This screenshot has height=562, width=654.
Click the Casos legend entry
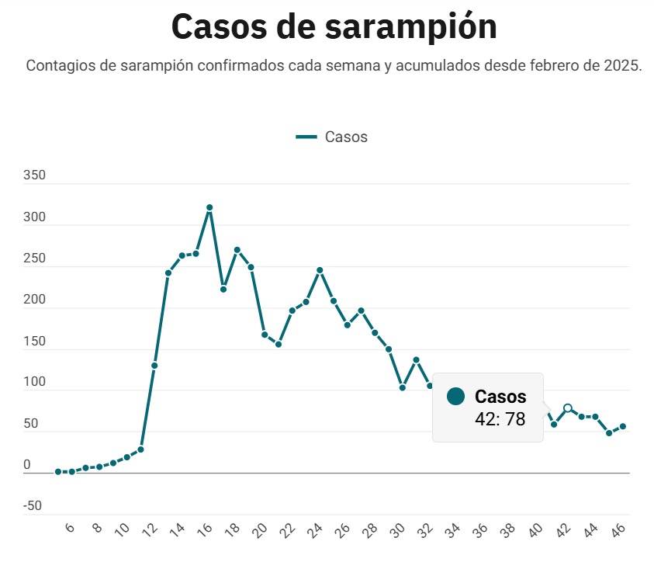point(332,137)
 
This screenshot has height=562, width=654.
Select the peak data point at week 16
point(209,208)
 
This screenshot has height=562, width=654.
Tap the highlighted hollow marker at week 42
point(568,408)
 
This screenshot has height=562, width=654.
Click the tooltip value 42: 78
point(500,419)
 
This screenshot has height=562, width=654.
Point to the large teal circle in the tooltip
point(456,397)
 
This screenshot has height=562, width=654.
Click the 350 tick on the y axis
point(35,175)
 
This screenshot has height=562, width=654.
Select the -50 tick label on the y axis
point(33,506)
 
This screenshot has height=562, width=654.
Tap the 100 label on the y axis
point(35,383)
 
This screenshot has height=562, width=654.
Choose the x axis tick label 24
point(316,530)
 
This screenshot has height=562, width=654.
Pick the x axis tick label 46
point(619,530)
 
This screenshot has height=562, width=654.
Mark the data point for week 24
point(320,270)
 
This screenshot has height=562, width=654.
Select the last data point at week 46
point(623,426)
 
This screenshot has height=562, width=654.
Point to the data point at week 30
point(402,387)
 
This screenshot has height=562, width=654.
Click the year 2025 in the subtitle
point(621,65)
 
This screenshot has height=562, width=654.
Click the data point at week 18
point(237,250)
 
